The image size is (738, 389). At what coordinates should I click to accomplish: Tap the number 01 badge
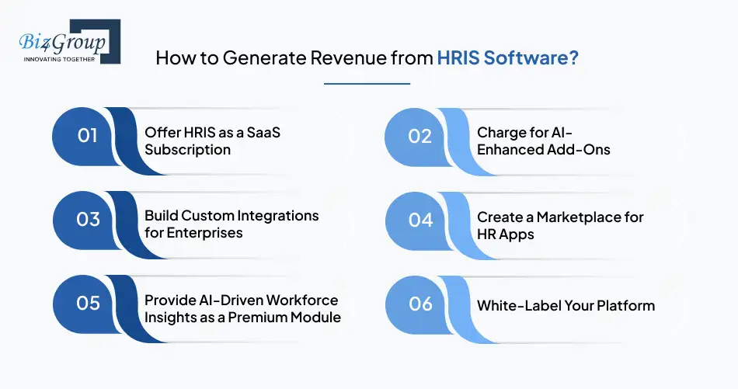point(87,136)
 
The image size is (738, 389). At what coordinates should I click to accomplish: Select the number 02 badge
point(419,137)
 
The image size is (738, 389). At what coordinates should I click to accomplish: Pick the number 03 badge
point(88,220)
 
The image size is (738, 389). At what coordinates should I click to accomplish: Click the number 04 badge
point(420,221)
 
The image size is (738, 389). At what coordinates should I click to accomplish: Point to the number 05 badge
point(88,304)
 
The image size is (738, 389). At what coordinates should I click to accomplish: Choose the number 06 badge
point(420,304)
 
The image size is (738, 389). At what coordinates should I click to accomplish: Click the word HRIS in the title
point(458,58)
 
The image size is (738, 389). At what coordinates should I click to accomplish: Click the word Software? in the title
point(531,58)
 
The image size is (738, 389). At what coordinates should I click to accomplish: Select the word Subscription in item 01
point(187,150)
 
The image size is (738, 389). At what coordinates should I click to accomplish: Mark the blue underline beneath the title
point(367,84)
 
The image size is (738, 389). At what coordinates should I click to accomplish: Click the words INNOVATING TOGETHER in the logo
point(59,59)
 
